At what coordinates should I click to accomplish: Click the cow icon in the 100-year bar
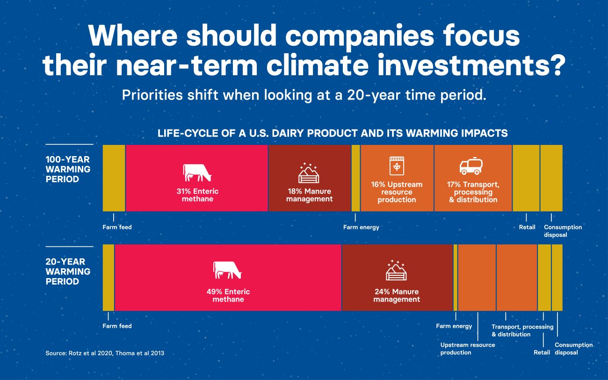coord(197,172)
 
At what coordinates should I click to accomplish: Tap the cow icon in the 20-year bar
coord(227,270)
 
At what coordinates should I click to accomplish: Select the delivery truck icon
coord(471,166)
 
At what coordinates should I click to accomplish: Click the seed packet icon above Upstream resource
coord(397,165)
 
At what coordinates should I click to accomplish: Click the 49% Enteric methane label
coord(228,295)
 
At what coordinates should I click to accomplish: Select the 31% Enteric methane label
coord(197,195)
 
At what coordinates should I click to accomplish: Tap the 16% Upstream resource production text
coord(397,192)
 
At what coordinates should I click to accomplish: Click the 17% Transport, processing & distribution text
coord(473,192)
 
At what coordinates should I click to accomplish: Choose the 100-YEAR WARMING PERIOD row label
coord(68,169)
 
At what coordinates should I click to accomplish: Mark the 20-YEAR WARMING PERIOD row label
coord(68,272)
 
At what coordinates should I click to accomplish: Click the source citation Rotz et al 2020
coord(105,353)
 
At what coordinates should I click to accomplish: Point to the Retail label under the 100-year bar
coord(527,227)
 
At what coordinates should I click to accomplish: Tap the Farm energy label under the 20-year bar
coord(454,326)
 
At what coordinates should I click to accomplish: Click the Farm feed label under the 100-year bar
coord(117,227)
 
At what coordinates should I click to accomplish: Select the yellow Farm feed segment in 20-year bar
coord(109,277)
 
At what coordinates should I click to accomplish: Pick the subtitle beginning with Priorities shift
coord(304,95)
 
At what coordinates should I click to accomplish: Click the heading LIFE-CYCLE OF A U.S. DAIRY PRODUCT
coord(333,133)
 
